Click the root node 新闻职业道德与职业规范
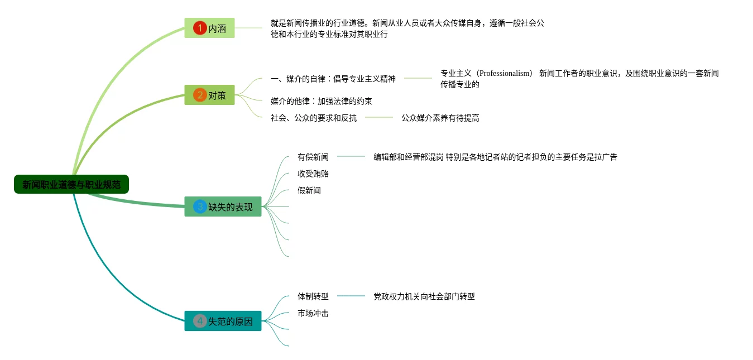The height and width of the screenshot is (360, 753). (x=71, y=185)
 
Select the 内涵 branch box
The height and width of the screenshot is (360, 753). (x=210, y=28)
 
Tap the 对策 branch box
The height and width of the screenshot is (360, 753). (x=210, y=95)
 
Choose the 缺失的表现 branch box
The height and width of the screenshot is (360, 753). (x=223, y=207)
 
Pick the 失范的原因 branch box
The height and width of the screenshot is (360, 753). (x=223, y=321)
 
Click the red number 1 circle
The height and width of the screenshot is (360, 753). (x=200, y=28)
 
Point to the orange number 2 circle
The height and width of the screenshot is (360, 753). (x=200, y=95)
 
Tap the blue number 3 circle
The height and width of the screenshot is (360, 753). (x=200, y=207)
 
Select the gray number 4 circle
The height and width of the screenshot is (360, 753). (x=200, y=321)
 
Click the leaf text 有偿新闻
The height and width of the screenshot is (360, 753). (x=313, y=157)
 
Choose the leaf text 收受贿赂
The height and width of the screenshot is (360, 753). (x=313, y=174)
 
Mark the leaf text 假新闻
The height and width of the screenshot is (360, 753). (x=309, y=190)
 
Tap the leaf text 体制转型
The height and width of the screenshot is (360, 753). (x=313, y=296)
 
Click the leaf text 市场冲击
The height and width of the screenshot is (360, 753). (x=313, y=313)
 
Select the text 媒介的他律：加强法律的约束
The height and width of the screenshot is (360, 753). (x=322, y=101)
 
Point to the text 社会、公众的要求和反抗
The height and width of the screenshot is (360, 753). (x=314, y=118)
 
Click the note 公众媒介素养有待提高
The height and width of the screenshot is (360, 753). (x=440, y=118)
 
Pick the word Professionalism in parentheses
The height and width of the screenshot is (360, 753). (x=505, y=73)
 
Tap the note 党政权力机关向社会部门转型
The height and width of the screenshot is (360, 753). (x=424, y=296)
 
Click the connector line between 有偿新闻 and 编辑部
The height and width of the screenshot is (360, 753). (x=351, y=157)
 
